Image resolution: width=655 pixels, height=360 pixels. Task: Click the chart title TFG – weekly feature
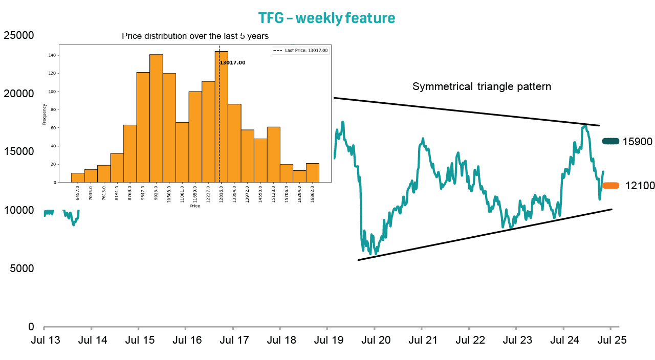[x=326, y=18]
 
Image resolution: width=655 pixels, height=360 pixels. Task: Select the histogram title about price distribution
[x=195, y=36]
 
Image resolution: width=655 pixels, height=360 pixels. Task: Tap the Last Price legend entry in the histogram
[x=300, y=51]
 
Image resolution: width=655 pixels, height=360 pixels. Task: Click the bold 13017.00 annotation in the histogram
[x=233, y=63]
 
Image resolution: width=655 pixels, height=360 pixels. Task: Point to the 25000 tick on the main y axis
[x=18, y=35]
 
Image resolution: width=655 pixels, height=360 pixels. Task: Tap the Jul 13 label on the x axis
[x=44, y=340]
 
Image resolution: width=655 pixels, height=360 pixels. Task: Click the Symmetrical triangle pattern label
[x=482, y=86]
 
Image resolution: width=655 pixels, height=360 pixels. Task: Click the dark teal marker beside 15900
[x=610, y=141]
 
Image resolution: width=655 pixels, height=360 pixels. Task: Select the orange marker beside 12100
[x=610, y=186]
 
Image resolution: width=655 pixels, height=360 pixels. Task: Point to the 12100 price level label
[x=640, y=186]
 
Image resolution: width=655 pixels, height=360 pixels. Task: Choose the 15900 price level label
[x=638, y=141]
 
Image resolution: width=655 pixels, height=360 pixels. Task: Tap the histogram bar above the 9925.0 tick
[x=156, y=118]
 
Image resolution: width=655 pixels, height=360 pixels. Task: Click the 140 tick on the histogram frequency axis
[x=53, y=55]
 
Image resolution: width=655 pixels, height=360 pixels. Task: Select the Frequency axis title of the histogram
[x=45, y=115]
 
